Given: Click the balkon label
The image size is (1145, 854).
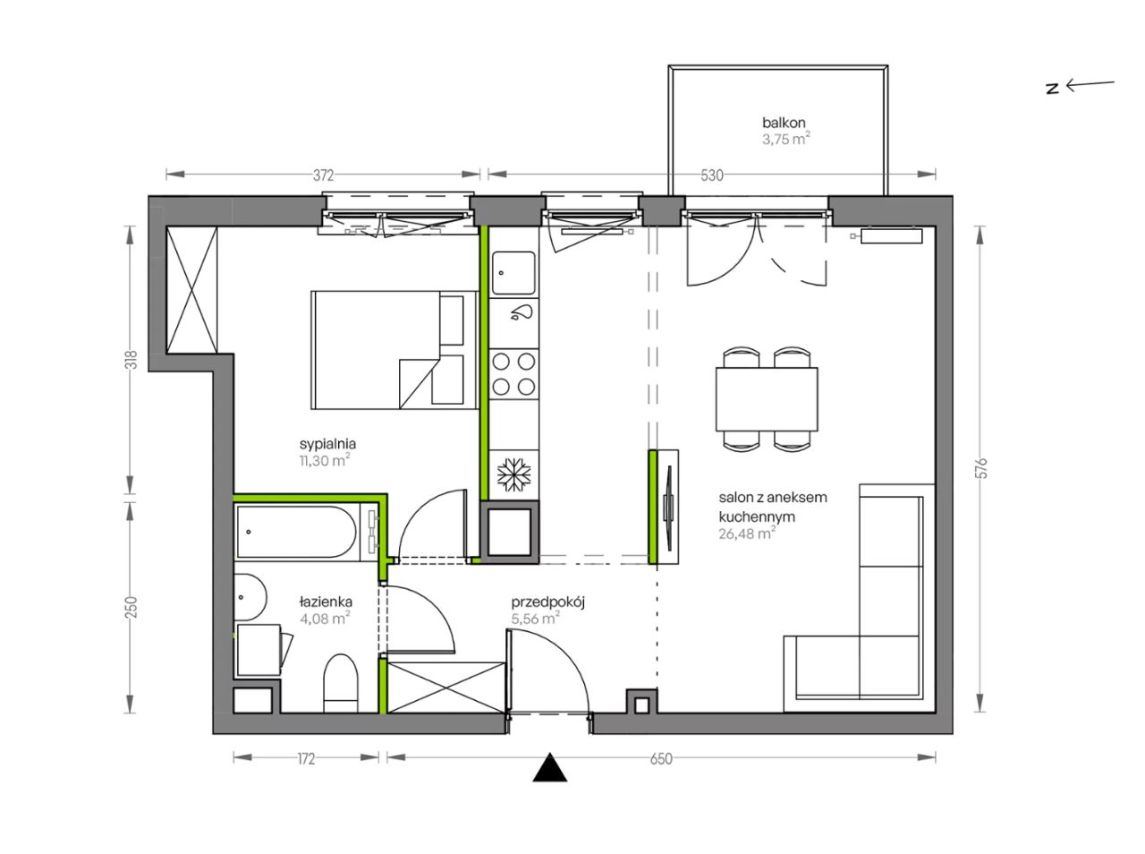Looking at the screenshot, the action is click(x=784, y=123).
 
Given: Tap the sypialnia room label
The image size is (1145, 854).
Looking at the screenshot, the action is click(x=327, y=444).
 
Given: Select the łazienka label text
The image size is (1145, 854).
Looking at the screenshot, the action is click(x=326, y=602).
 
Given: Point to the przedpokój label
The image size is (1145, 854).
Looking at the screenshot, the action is click(x=547, y=602).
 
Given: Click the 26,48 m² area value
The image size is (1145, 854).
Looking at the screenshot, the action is click(x=747, y=534).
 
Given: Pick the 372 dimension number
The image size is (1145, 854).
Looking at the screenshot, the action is click(x=324, y=175).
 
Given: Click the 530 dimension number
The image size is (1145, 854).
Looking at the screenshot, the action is click(x=712, y=175).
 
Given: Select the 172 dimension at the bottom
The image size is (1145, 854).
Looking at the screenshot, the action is click(x=306, y=758).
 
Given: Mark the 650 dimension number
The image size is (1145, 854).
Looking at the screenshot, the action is click(x=661, y=758).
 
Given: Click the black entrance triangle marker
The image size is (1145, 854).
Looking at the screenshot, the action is click(x=550, y=767).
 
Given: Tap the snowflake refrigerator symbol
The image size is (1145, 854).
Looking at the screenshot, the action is click(x=513, y=475).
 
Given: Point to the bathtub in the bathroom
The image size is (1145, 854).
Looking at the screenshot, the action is click(x=298, y=532).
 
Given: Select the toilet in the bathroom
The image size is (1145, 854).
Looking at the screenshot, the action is click(x=341, y=684).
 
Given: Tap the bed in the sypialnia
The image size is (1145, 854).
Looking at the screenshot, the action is click(x=394, y=350).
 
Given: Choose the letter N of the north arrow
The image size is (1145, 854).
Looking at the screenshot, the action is click(x=1053, y=89).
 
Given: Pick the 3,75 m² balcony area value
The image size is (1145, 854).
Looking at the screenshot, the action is click(x=786, y=140).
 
